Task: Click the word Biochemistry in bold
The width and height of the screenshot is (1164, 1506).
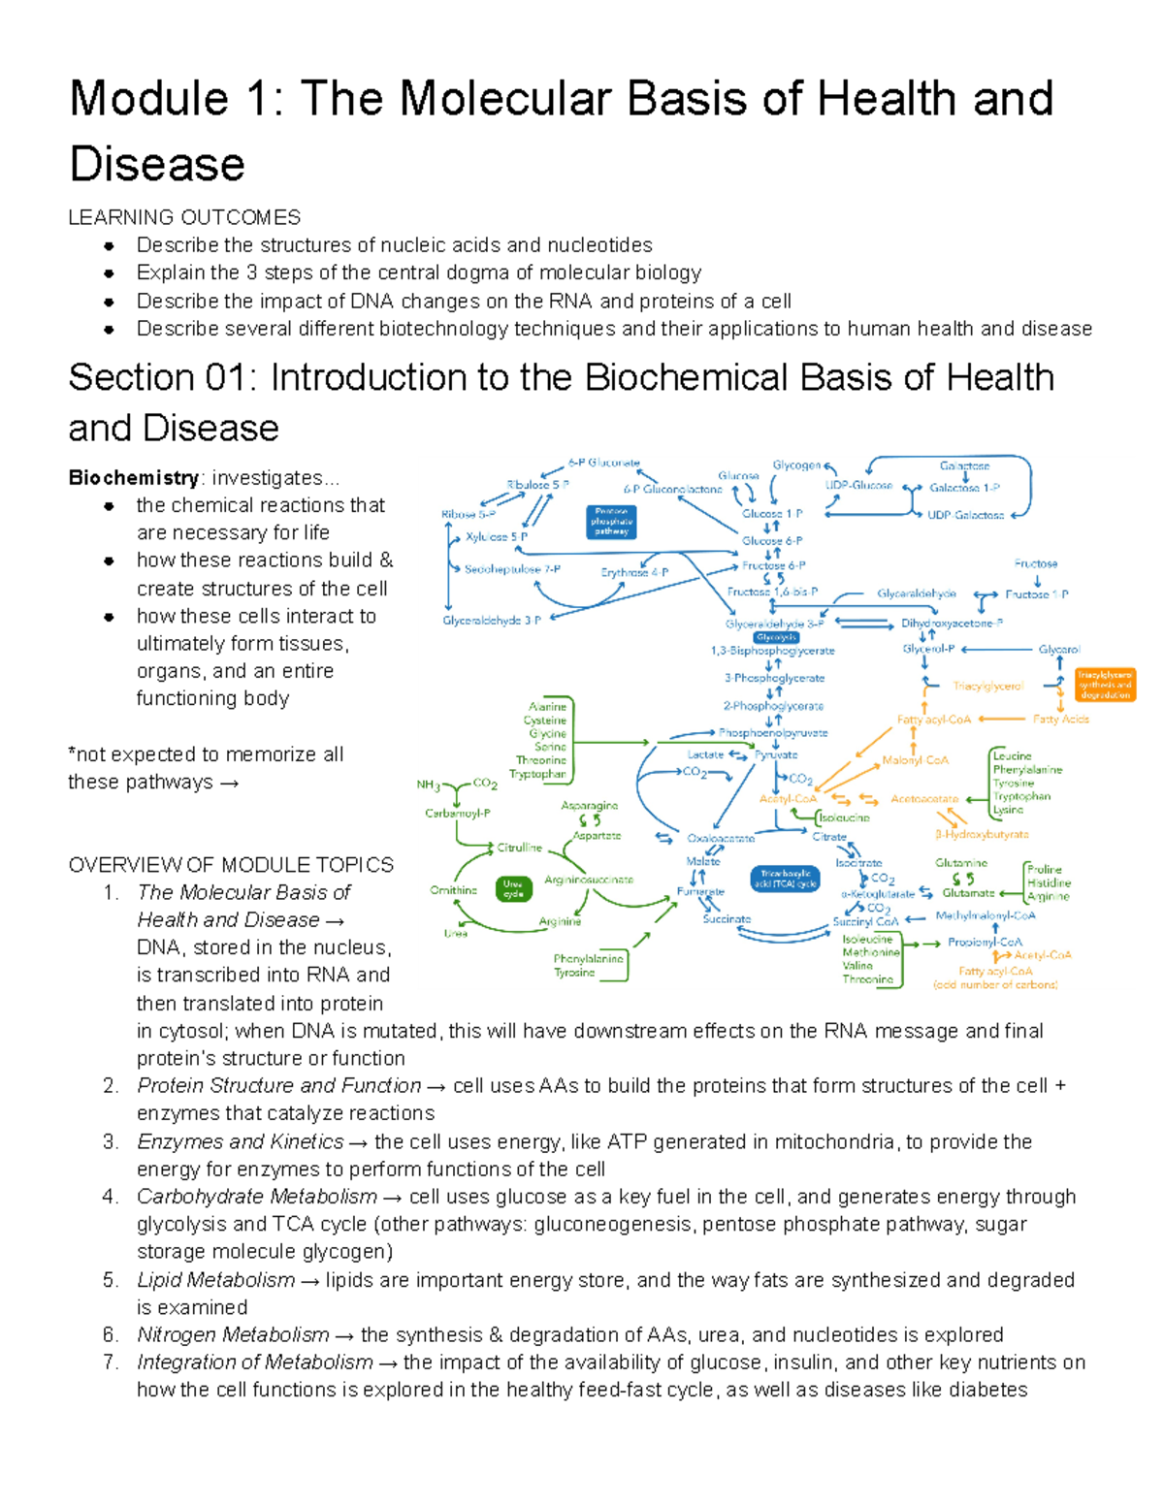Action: [133, 478]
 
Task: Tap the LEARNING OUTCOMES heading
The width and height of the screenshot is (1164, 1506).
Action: [184, 217]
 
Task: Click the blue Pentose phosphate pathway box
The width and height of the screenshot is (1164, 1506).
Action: [611, 522]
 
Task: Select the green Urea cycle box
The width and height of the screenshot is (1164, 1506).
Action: [513, 888]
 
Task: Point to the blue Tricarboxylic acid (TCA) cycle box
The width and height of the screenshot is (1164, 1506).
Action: [785, 879]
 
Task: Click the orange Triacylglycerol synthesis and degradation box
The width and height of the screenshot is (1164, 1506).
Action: [1105, 684]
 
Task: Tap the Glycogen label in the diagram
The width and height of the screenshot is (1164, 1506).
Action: [796, 465]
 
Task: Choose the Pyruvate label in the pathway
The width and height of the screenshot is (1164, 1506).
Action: [776, 754]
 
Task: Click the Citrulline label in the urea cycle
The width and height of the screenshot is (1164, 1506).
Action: [519, 848]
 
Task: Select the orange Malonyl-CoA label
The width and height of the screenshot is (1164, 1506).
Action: [915, 760]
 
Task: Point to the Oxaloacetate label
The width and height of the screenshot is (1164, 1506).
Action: [721, 838]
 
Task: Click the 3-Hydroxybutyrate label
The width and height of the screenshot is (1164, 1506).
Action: [982, 834]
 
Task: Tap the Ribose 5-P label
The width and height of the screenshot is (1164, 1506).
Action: [469, 515]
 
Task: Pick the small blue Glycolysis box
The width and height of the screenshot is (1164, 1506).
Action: [776, 637]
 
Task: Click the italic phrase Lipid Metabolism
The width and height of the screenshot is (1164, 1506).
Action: [215, 1280]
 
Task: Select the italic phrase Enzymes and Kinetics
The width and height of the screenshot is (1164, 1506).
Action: [240, 1141]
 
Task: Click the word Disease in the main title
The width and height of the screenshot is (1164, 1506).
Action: [157, 164]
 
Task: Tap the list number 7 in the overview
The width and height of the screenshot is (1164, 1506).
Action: [111, 1362]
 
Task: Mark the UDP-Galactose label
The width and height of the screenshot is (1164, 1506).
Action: [965, 515]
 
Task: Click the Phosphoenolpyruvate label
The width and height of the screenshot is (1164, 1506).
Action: [773, 733]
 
